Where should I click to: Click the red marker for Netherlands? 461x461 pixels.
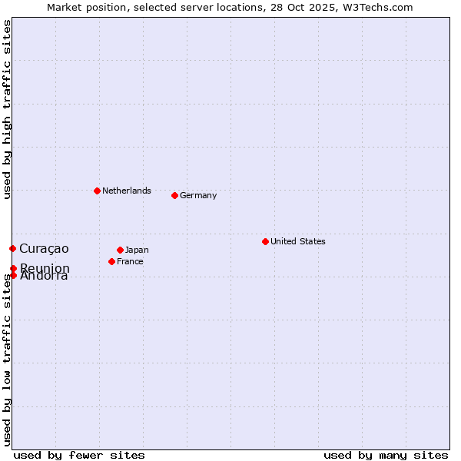pyautogui.click(x=97, y=191)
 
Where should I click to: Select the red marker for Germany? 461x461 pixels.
pyautogui.click(x=174, y=195)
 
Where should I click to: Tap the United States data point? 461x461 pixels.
pyautogui.click(x=265, y=241)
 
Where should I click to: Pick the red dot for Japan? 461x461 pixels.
pyautogui.click(x=120, y=250)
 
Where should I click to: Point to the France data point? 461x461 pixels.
pyautogui.click(x=111, y=261)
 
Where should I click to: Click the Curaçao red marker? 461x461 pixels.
pyautogui.click(x=12, y=248)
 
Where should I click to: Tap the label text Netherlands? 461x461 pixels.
pyautogui.click(x=126, y=191)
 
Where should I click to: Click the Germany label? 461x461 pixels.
pyautogui.click(x=198, y=195)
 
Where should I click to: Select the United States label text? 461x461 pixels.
pyautogui.click(x=297, y=241)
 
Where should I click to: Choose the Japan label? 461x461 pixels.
pyautogui.click(x=137, y=250)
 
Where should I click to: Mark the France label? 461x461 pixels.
pyautogui.click(x=130, y=261)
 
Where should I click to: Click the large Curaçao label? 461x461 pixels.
pyautogui.click(x=44, y=248)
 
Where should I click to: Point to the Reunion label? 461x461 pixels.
pyautogui.click(x=45, y=268)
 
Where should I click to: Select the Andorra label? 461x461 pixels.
pyautogui.click(x=44, y=277)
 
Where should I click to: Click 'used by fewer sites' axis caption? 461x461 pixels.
pyautogui.click(x=79, y=455)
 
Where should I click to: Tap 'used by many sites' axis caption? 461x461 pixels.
pyautogui.click(x=386, y=455)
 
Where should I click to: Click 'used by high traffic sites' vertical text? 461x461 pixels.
pyautogui.click(x=8, y=109)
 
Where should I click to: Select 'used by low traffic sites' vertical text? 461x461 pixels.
pyautogui.click(x=8, y=360)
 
